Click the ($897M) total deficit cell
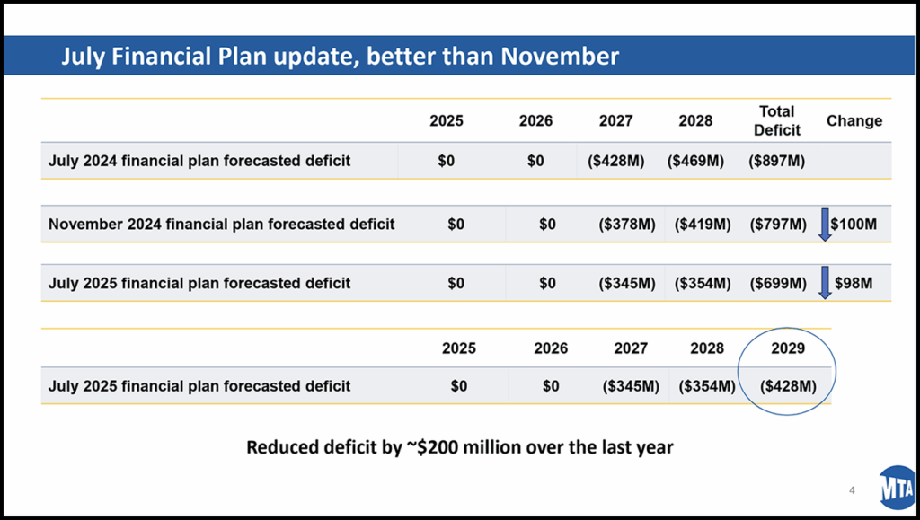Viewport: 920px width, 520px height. (x=777, y=162)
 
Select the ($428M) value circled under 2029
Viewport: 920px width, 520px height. (x=788, y=386)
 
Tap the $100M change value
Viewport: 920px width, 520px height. (x=854, y=224)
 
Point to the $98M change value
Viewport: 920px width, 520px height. (x=854, y=283)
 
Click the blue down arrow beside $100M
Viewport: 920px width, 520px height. (x=824, y=224)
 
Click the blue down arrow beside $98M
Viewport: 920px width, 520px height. (x=824, y=283)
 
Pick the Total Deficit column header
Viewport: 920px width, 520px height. (x=776, y=121)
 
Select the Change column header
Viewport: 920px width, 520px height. (x=854, y=121)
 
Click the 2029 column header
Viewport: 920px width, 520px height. (x=788, y=348)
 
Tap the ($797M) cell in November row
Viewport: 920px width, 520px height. (x=778, y=224)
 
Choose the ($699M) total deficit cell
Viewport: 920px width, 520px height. (x=778, y=283)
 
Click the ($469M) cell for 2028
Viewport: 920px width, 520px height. (x=695, y=162)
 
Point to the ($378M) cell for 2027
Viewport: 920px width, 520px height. (x=626, y=224)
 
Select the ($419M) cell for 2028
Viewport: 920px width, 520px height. (x=702, y=224)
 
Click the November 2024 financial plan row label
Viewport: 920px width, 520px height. (x=221, y=224)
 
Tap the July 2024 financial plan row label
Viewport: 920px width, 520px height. (x=199, y=162)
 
